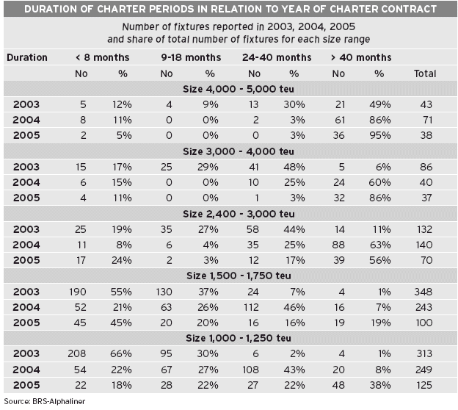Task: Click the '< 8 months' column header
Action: click(103, 57)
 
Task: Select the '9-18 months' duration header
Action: click(191, 57)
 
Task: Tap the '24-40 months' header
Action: click(277, 57)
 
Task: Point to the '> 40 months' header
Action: click(361, 57)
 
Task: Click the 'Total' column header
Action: click(425, 73)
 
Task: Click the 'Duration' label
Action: click(27, 57)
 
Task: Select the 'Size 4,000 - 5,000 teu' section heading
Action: click(239, 89)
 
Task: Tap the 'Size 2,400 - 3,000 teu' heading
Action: click(239, 214)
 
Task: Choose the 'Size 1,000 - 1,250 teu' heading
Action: click(239, 338)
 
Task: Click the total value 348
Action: click(424, 292)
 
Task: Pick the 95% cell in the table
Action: click(380, 135)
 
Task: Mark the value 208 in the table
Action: click(77, 353)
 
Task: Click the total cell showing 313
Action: click(424, 353)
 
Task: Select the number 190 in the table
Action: click(77, 292)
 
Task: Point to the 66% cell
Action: click(121, 353)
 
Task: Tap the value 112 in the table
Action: click(251, 307)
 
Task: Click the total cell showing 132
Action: click(424, 229)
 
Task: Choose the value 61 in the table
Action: click(340, 120)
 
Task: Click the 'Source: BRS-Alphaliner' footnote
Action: click(45, 401)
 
